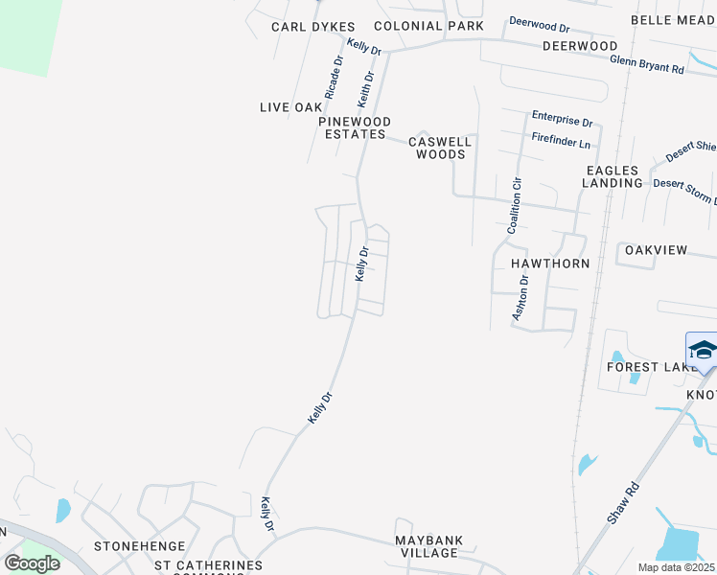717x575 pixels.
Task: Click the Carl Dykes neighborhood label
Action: click(x=312, y=27)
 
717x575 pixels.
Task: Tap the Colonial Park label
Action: click(x=428, y=27)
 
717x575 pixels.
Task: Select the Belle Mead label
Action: click(x=673, y=20)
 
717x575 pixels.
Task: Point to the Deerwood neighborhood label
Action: click(x=580, y=46)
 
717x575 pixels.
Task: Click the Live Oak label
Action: click(x=290, y=107)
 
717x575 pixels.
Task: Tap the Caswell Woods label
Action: click(x=441, y=148)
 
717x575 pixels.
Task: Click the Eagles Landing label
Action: click(x=613, y=176)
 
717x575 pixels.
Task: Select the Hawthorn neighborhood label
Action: click(x=548, y=262)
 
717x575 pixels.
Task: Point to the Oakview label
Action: click(x=656, y=250)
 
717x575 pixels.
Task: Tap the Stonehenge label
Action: click(x=132, y=546)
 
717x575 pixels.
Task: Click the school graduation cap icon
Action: click(x=702, y=349)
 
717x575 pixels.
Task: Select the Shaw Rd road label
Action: click(x=622, y=502)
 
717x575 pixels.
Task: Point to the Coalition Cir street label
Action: click(x=515, y=205)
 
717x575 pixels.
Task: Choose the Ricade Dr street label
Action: click(x=334, y=78)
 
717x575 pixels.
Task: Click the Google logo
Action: click(x=33, y=563)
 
